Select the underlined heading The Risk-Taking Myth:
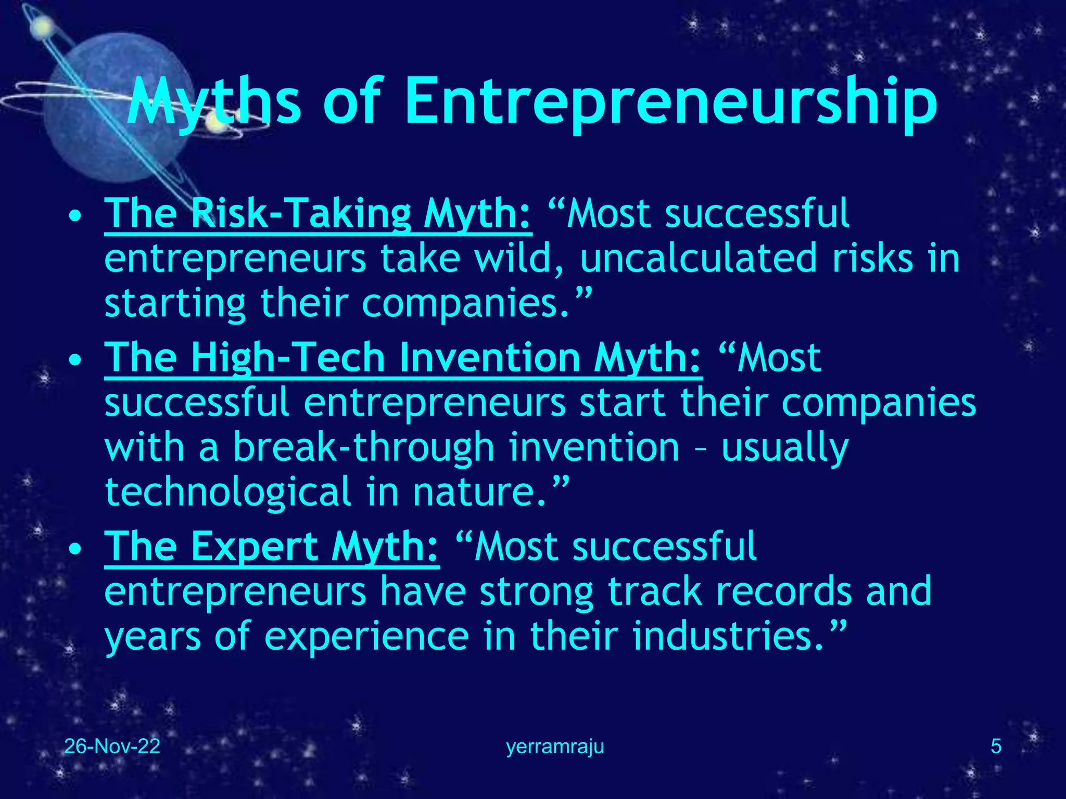pyautogui.click(x=318, y=214)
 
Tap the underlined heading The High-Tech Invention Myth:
pyautogui.click(x=403, y=358)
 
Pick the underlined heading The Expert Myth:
pyautogui.click(x=271, y=547)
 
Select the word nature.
pyautogui.click(x=479, y=492)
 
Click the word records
pyautogui.click(x=784, y=591)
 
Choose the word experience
pyautogui.click(x=366, y=637)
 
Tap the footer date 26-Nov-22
pyautogui.click(x=112, y=746)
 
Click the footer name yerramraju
pyautogui.click(x=555, y=747)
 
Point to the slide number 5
pyautogui.click(x=996, y=746)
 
